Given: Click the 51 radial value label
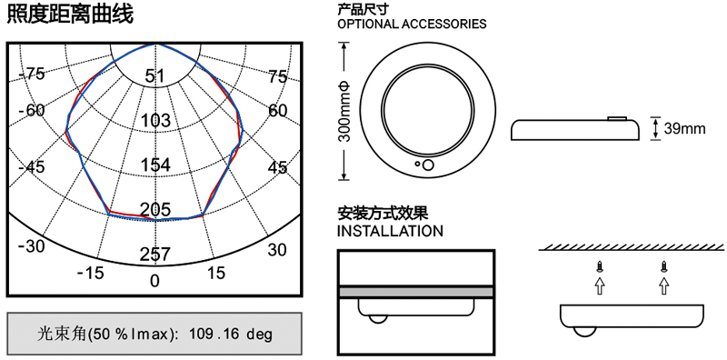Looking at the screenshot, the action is (154, 76).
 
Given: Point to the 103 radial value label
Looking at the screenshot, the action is (154, 121).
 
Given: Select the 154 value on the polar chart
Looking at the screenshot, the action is (154, 165).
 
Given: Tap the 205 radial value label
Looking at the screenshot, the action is (155, 210).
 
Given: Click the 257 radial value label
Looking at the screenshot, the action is (155, 255).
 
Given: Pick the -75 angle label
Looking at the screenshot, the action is (32, 74).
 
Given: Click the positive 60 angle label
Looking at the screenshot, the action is (277, 111).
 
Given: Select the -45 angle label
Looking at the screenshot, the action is (32, 166).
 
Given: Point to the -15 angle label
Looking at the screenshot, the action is (90, 274).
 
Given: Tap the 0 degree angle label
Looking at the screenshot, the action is (154, 281).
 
